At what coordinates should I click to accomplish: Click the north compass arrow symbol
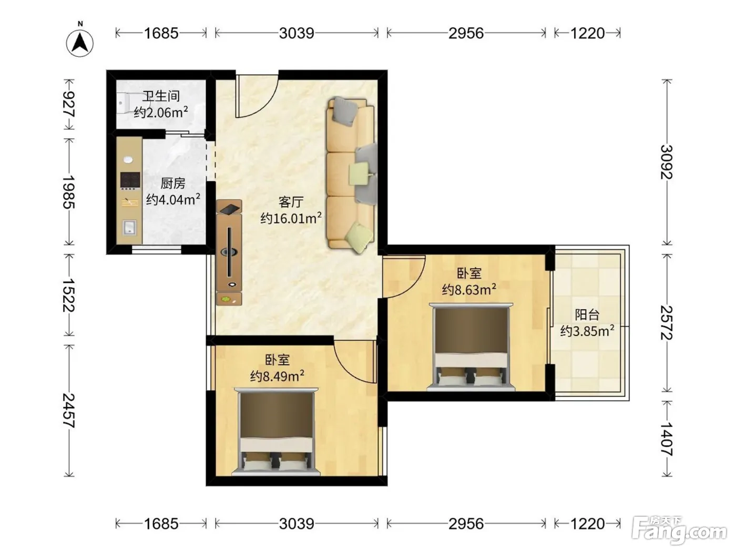pos(80,43)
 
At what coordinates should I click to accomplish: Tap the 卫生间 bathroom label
pos(161,96)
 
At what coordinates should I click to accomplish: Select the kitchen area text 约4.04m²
pos(173,199)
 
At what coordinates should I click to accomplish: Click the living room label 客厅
pos(291,202)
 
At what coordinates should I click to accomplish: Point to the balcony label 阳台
pos(587,314)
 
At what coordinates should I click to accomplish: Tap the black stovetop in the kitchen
pos(130,181)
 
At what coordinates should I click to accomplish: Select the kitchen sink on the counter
pos(129,228)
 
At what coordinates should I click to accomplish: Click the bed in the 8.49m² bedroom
pos(277,432)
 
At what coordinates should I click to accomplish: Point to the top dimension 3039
pos(297,33)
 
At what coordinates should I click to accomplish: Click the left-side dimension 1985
pos(69,192)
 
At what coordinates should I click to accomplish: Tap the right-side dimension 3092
pos(667,162)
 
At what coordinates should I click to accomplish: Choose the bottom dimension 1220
pos(587,524)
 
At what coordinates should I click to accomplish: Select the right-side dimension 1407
pos(667,439)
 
